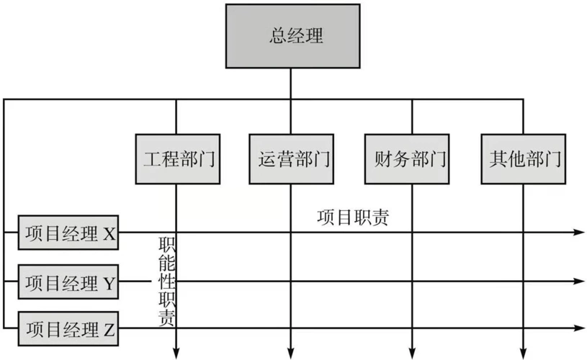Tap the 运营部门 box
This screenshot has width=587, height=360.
(x=292, y=158)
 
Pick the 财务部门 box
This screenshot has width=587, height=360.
(x=407, y=158)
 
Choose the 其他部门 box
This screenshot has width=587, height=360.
(x=523, y=158)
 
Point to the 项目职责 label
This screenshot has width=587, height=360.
(x=353, y=218)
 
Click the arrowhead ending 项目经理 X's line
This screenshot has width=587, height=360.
(x=578, y=233)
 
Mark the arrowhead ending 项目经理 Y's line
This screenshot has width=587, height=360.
(x=578, y=282)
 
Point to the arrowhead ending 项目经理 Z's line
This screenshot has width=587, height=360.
(x=578, y=329)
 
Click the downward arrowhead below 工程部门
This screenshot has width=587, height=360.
(x=176, y=352)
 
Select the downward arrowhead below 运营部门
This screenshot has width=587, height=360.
(x=291, y=352)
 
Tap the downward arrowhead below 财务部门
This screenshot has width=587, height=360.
(x=412, y=352)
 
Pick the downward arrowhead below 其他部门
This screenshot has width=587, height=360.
(x=523, y=352)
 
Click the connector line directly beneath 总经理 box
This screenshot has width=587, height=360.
(x=291, y=83)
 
